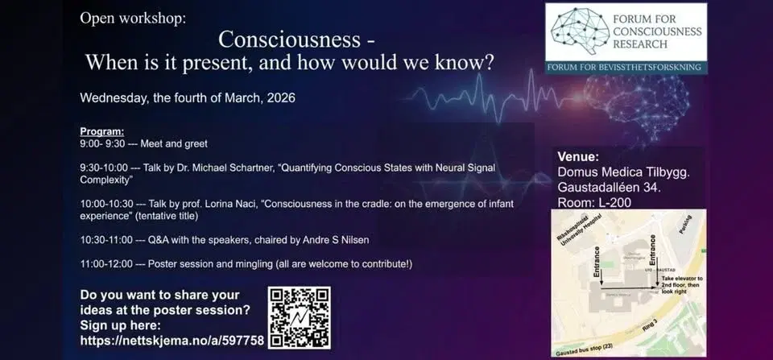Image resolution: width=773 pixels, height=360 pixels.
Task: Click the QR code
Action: [300, 317]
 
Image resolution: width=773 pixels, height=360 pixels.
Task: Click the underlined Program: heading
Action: [102, 131]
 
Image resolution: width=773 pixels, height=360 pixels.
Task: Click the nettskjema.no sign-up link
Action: [172, 341]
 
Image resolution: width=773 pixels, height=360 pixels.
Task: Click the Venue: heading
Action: [578, 156]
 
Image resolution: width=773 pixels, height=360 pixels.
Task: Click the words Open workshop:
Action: [132, 18]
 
